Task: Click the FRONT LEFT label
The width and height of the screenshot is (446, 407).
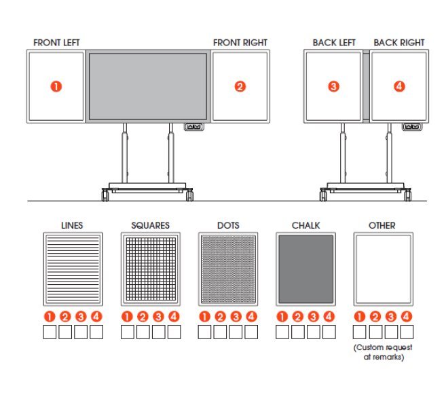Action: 56,43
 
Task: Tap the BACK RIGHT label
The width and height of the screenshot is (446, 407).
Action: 398,43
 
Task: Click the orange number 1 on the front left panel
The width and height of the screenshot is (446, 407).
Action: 56,86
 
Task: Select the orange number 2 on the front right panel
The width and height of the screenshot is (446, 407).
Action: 240,86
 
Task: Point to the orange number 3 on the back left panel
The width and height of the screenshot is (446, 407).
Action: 333,86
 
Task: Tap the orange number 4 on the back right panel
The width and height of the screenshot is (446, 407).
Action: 399,86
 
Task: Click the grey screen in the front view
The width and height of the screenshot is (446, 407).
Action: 148,86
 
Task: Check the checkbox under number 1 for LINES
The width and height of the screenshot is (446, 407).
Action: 50,332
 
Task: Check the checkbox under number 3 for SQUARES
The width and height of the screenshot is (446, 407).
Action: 158,332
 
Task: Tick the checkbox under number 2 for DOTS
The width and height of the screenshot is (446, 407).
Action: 220,332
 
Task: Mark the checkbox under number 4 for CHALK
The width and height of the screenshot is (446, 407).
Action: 329,332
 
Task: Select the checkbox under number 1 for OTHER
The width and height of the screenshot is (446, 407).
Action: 360,332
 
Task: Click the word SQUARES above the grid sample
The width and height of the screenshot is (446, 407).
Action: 150,225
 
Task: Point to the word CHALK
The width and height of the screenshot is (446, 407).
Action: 305,225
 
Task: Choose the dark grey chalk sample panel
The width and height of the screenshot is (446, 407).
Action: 305,269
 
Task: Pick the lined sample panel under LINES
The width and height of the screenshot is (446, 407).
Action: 73,269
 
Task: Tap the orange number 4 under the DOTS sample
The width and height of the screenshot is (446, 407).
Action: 251,316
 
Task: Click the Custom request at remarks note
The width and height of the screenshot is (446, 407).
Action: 383,352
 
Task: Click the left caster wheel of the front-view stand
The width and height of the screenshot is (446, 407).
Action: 105,195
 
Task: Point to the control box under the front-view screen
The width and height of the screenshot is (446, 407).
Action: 194,127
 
